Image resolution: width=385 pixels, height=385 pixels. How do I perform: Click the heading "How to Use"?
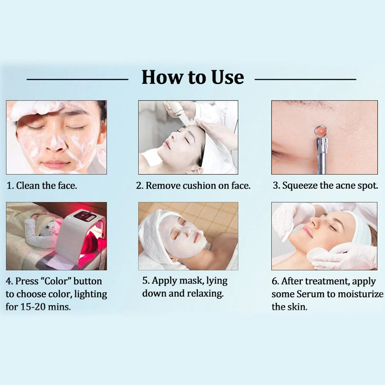pos(193,77)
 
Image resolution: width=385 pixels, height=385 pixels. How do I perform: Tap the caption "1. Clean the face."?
pos(42,186)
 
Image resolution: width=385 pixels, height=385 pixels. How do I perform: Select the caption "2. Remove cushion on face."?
pos(193,186)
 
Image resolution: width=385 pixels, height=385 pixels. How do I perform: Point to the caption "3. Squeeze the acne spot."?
pos(325,186)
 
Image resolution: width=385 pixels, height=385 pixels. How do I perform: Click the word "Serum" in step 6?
pos(310,294)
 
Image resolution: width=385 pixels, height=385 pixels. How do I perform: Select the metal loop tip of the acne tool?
pos(321,132)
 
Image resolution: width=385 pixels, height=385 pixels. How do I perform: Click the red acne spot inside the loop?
pos(321,132)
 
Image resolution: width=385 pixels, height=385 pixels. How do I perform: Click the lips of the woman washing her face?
pos(56,163)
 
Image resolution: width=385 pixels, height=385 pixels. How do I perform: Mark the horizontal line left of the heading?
pos(77,79)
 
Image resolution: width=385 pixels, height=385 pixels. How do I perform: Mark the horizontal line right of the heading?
pos(305,79)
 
